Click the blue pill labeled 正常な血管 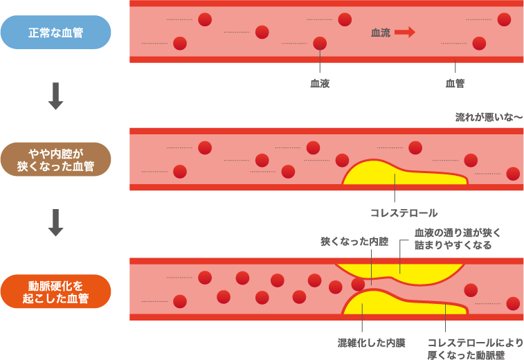click(55, 32)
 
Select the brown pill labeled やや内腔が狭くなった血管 click(55, 159)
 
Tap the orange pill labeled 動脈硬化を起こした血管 click(55, 291)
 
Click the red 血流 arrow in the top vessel click(405, 32)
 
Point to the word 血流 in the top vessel click(381, 32)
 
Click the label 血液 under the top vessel click(319, 83)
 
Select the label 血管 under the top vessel click(455, 83)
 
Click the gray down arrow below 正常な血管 click(55, 96)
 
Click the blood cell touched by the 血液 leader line click(319, 44)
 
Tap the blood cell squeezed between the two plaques click(358, 284)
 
